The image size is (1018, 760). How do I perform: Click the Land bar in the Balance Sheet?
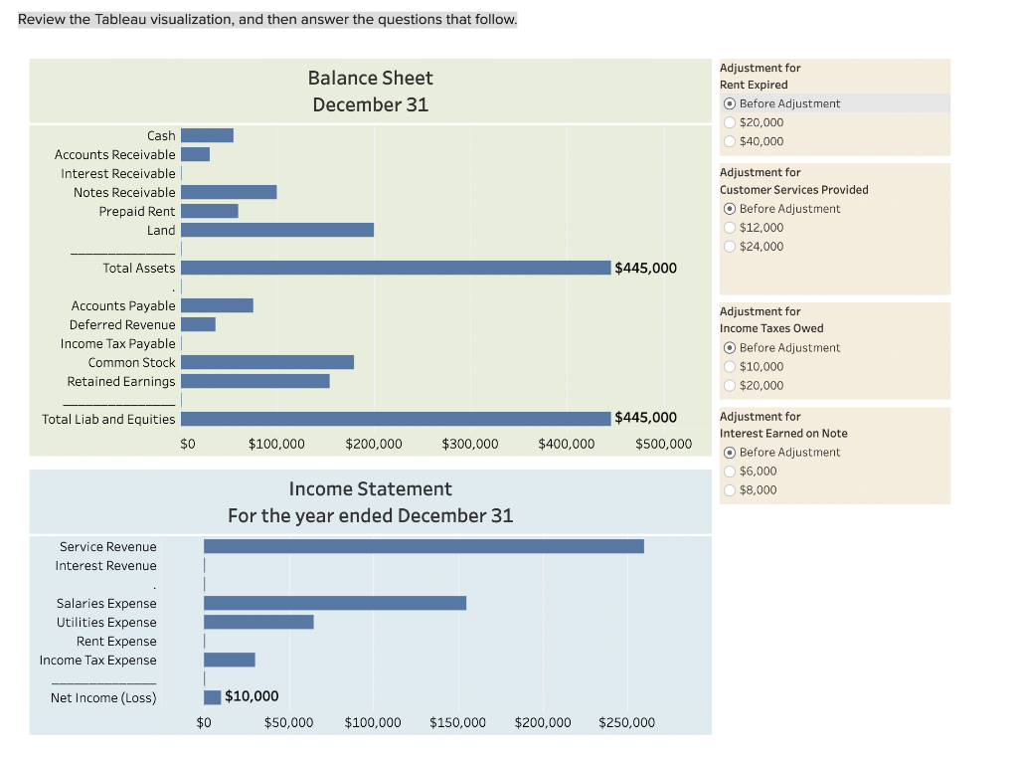click(276, 230)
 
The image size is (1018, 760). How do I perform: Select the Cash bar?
click(207, 135)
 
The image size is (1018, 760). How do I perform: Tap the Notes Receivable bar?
click(229, 192)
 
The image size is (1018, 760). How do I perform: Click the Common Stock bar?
click(266, 362)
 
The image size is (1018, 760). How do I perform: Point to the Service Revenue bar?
click(424, 546)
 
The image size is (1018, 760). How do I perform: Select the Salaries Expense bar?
click(335, 603)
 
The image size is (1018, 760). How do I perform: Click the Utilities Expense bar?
click(258, 622)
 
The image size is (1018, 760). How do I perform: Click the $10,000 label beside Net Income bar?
click(252, 696)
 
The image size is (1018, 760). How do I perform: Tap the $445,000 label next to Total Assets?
click(646, 268)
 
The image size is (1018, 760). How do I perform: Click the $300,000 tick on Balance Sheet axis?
click(469, 444)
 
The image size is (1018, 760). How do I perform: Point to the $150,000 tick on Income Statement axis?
click(457, 722)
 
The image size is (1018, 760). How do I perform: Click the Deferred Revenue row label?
click(122, 324)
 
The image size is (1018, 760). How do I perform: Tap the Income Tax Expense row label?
click(97, 660)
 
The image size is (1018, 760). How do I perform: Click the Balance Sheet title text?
click(370, 78)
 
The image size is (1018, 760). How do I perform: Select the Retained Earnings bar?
click(254, 381)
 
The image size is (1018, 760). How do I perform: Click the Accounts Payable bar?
click(217, 305)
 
